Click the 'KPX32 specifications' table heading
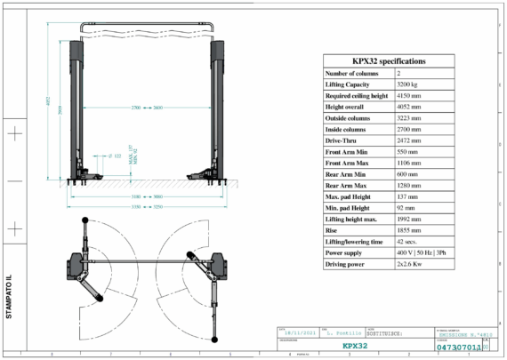coord(388,60)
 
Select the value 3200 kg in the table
coord(410,83)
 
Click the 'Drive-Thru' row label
coord(342,140)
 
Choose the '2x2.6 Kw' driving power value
coord(414,265)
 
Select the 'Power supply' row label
coord(348,253)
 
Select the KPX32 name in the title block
coord(355,347)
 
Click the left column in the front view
coord(76,107)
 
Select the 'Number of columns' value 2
coord(399,72)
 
